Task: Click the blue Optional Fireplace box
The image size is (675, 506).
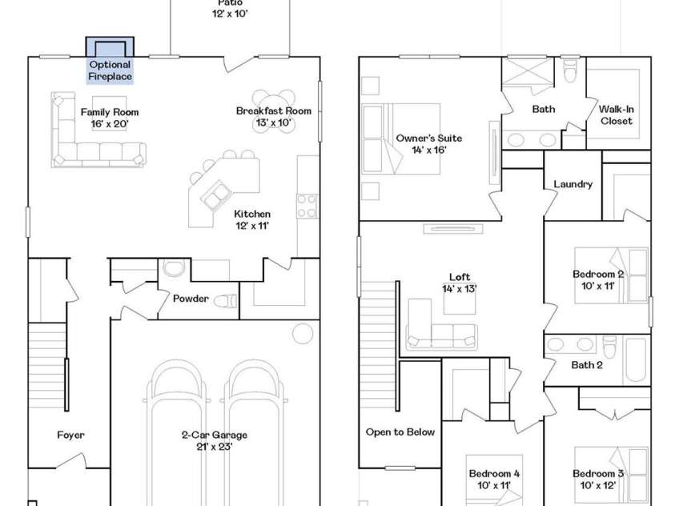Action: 110,64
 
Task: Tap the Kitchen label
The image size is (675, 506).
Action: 251,215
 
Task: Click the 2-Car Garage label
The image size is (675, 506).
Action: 213,436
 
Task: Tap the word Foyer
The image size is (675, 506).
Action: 70,436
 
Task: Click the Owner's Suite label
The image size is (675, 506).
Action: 429,139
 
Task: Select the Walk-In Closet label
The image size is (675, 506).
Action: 616,115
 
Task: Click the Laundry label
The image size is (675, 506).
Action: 573,185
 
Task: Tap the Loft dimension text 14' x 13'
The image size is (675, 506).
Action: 459,289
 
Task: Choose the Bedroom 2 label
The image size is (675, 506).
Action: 598,274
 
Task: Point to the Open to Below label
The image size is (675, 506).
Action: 400,432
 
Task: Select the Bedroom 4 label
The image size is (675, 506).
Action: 494,474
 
